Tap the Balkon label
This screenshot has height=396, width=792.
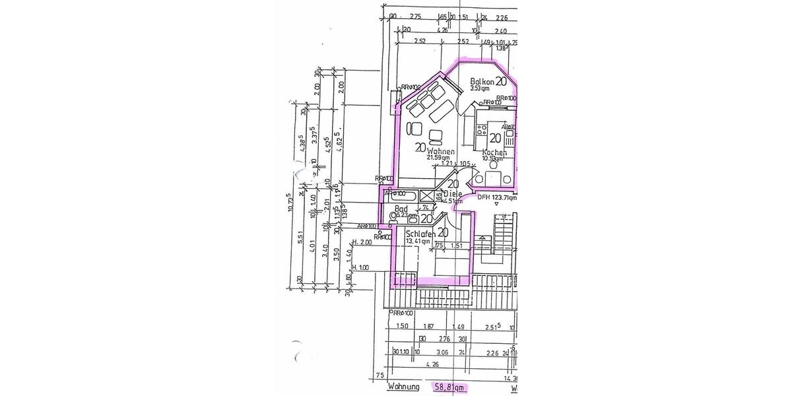tap(482, 81)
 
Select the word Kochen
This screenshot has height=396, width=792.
tap(494, 152)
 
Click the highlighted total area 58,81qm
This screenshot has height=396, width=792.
tap(449, 387)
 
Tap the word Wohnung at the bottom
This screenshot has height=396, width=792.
tap(404, 387)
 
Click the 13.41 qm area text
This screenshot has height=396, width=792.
tap(418, 242)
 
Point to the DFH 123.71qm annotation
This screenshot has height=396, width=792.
tap(496, 197)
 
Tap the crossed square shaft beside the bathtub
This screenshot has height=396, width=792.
tap(428, 195)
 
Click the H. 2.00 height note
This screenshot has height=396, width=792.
tap(362, 242)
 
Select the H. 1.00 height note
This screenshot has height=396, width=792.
tap(362, 267)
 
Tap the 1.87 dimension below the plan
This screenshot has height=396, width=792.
tap(428, 327)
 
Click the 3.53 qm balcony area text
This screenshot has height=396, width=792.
tap(480, 88)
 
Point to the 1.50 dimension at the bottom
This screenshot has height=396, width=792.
tap(401, 327)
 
